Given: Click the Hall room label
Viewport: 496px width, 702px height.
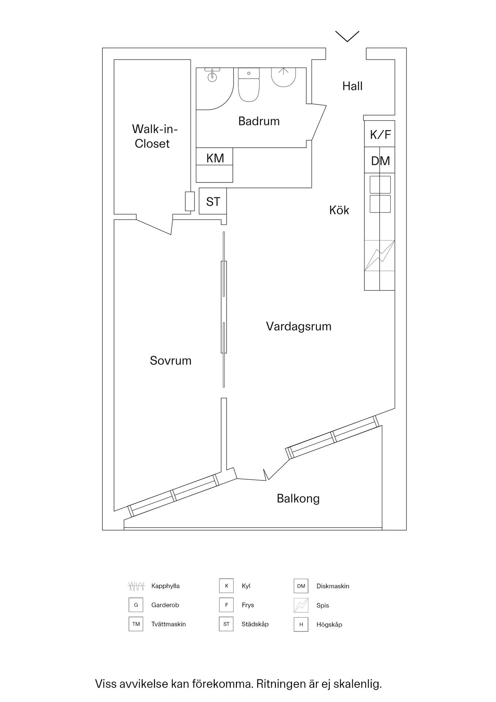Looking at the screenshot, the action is click(x=352, y=86).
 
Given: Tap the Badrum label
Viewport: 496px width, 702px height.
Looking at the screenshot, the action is click(x=259, y=121).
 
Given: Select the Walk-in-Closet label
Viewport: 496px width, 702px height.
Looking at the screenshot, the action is click(x=154, y=136).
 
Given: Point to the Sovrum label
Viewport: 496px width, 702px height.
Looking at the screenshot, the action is click(x=171, y=361).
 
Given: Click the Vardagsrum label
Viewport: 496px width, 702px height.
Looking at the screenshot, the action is click(x=299, y=326).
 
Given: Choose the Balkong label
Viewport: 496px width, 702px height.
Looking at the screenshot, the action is click(x=298, y=498).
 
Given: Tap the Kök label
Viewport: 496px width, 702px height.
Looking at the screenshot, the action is click(x=339, y=210).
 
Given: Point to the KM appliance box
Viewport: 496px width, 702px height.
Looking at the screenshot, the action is click(x=215, y=158).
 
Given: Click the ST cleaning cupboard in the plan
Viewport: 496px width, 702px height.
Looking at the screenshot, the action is click(x=213, y=201).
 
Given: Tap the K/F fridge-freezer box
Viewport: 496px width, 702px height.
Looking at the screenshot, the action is click(x=380, y=135).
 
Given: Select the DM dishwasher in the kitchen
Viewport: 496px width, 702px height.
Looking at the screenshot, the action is click(x=380, y=161).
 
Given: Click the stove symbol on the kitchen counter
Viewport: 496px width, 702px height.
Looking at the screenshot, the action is click(x=379, y=256).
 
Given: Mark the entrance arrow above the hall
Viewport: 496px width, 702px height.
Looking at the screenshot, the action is click(x=347, y=36).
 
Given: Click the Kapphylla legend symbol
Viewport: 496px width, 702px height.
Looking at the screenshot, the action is click(x=136, y=586).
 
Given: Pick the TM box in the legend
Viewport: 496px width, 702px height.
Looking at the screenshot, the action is click(x=136, y=624).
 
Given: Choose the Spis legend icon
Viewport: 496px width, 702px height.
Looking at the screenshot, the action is click(x=301, y=605).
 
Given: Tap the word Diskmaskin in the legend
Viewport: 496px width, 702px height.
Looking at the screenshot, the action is click(x=333, y=586).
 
